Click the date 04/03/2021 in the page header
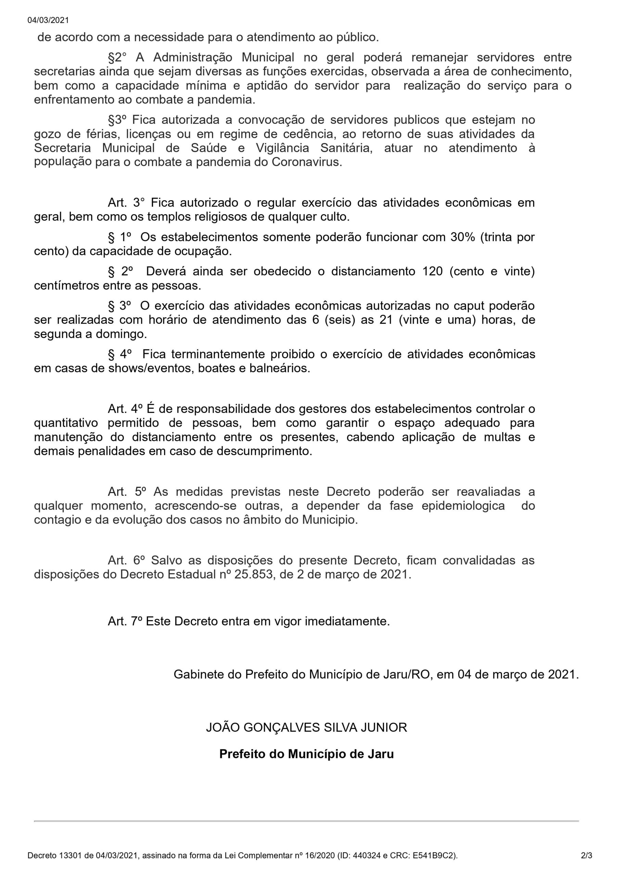[x=48, y=21]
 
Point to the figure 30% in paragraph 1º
[x=463, y=237]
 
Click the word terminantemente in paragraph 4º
[x=218, y=355]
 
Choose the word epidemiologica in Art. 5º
[x=463, y=506]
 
